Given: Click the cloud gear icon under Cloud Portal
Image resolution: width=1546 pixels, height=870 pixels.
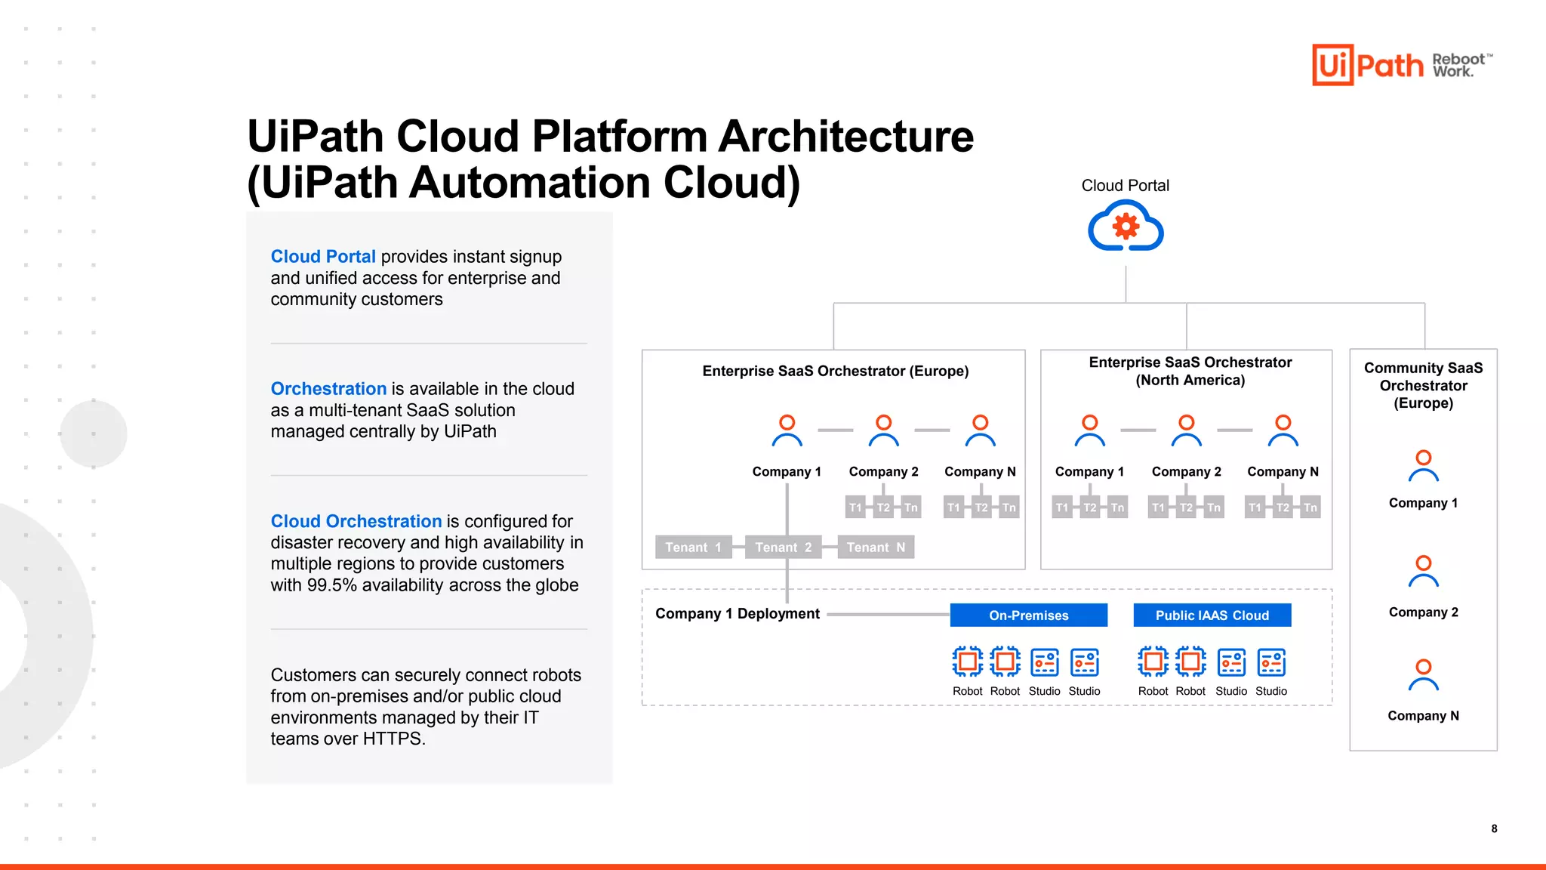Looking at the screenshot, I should [x=1125, y=226].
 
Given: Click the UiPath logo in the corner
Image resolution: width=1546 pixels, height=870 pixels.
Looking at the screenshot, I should [x=1368, y=65].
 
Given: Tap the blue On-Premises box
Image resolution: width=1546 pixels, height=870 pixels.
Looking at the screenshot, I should [x=1028, y=615].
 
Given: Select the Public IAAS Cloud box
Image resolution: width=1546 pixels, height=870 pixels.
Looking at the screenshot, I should [x=1212, y=615].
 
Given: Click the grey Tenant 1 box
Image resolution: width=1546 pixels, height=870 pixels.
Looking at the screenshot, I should [x=693, y=547].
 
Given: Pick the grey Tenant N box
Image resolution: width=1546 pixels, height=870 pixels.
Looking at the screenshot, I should [x=876, y=547].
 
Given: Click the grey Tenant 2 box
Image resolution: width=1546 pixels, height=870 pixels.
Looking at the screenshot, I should [x=784, y=547].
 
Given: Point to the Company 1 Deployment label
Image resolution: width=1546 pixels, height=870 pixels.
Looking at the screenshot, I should [x=737, y=613].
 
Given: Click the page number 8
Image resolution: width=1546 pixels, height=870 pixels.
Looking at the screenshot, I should [x=1494, y=828].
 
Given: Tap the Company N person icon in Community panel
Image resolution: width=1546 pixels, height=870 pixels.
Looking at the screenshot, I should [x=1423, y=675].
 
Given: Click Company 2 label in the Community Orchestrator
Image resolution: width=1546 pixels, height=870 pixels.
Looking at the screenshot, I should [x=1423, y=612].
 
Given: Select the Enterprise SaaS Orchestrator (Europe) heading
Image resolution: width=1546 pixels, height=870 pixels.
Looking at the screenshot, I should [x=835, y=371].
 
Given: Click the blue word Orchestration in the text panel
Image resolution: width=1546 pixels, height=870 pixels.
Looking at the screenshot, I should [x=328, y=388].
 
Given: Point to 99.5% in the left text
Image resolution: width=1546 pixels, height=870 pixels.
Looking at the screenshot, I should [x=331, y=585].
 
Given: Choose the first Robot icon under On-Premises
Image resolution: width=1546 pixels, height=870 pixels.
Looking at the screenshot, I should [x=967, y=662].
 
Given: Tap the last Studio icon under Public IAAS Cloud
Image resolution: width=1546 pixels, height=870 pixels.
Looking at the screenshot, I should [x=1271, y=662].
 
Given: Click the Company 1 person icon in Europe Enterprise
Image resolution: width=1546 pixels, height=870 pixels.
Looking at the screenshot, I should [x=787, y=430].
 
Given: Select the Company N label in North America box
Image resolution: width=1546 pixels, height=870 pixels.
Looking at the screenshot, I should [x=1283, y=471].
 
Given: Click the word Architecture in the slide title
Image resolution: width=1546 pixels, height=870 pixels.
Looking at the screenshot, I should [x=845, y=137].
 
